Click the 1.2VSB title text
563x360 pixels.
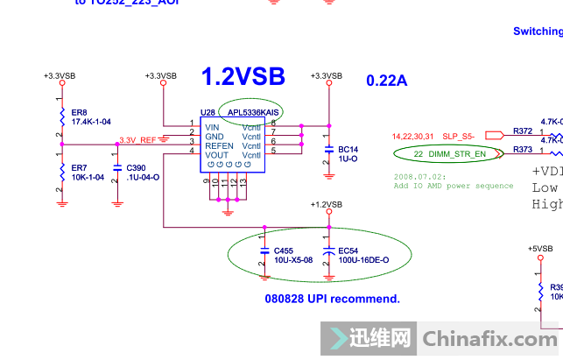pos(243,77)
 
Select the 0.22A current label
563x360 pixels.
pos(387,81)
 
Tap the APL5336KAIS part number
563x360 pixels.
pos(253,113)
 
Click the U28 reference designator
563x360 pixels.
pos(208,113)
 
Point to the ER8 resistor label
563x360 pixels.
pos(79,113)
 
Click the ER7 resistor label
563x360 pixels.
pos(79,166)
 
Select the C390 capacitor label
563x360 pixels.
pos(136,166)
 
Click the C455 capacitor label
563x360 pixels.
pos(284,251)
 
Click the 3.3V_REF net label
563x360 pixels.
pos(137,140)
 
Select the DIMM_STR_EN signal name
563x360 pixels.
pos(455,154)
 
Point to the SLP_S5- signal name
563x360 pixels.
pos(458,136)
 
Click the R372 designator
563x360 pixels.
pos(523,131)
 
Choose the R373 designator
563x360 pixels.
pos(523,150)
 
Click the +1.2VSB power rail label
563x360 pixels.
pos(326,204)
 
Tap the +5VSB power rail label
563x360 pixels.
pos(540,248)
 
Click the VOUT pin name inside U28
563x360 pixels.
pos(217,155)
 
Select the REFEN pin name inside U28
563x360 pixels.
pos(219,145)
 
